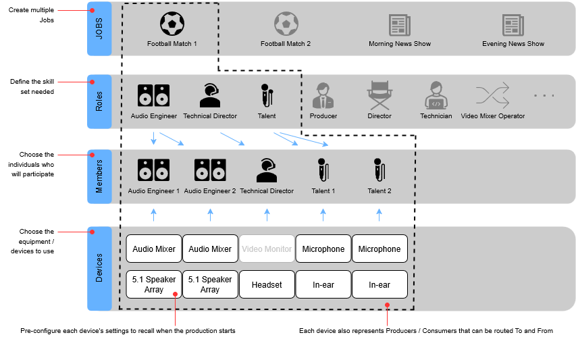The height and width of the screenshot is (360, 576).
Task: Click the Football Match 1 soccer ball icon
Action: tap(172, 24)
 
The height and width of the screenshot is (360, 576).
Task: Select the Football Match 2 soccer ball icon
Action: tap(286, 24)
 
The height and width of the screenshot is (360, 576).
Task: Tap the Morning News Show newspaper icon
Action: tap(400, 25)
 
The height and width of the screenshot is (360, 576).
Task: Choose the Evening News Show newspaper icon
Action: tap(513, 25)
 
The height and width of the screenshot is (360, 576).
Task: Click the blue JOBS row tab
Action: tap(99, 28)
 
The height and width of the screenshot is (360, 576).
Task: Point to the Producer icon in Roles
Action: tap(323, 95)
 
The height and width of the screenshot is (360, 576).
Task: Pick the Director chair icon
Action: tap(380, 95)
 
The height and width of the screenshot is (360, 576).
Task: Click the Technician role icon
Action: tap(436, 95)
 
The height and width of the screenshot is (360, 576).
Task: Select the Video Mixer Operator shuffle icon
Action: tap(493, 95)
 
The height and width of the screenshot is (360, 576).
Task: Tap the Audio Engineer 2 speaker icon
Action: tap(210, 170)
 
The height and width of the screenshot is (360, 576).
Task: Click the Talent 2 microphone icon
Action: tap(379, 170)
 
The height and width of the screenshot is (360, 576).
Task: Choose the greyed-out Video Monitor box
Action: tap(267, 249)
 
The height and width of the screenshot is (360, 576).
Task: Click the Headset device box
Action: tap(267, 284)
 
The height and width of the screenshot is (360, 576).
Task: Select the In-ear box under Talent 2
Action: tap(380, 284)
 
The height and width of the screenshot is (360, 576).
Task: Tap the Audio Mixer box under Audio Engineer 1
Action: tap(154, 249)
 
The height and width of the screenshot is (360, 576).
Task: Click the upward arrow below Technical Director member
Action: tap(267, 215)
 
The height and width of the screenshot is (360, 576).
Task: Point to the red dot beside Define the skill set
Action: tap(93, 82)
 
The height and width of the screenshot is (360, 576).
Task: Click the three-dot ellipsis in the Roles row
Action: tap(544, 95)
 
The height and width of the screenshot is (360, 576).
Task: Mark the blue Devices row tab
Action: tap(99, 269)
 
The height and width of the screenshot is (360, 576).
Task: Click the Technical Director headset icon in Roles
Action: tap(210, 95)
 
